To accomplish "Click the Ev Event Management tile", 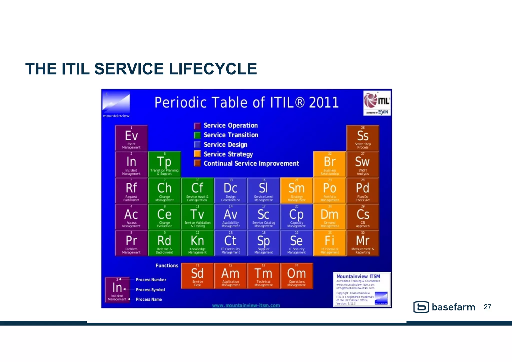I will pos(131,138).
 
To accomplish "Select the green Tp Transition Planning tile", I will pos(164,164).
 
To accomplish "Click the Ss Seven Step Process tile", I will pos(362,138).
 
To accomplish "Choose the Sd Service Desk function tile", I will pos(197,276).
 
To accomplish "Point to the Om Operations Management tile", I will pos(296,276).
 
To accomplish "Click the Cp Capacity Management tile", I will pos(296,217).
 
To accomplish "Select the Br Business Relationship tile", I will pos(329,164).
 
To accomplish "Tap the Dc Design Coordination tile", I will pos(230,190).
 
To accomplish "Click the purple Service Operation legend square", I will pos(197,126).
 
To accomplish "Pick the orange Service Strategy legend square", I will pos(197,154).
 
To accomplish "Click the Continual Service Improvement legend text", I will pos(251,164).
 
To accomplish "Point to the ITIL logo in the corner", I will pos(377,103).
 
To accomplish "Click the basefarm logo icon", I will pos(421,307).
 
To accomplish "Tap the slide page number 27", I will pos(487,307).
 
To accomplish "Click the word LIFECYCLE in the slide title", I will pos(213,69).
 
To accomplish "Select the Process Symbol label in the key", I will pos(150,290).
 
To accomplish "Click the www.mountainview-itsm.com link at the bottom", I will pos(246,305).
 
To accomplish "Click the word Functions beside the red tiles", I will pos(167,266).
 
